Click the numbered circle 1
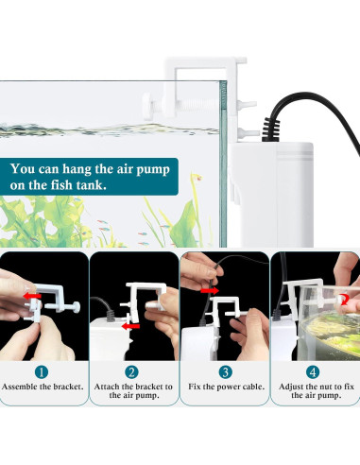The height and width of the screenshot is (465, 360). click(42, 372)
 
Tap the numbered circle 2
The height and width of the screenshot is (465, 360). click(131, 372)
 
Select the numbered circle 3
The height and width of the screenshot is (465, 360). click(225, 372)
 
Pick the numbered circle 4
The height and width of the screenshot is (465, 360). click(313, 372)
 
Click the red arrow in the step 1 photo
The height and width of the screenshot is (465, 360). click(32, 296)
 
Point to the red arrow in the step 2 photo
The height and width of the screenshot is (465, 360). click(130, 326)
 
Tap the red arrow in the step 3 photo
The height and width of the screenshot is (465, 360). click(210, 290)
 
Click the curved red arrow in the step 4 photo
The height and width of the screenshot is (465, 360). click(344, 300)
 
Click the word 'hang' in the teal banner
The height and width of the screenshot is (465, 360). click(77, 169)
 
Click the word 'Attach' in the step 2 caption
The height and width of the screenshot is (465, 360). click(107, 387)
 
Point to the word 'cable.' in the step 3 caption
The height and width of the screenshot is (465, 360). click(252, 387)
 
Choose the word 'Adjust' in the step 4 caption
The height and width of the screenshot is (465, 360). click(291, 387)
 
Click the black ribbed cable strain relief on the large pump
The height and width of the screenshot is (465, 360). click(270, 129)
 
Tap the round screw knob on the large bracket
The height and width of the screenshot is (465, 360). click(148, 106)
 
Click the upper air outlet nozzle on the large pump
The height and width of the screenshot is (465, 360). click(247, 104)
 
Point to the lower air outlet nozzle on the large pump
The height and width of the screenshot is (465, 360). click(247, 132)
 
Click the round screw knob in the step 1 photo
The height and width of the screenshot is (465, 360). click(76, 306)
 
